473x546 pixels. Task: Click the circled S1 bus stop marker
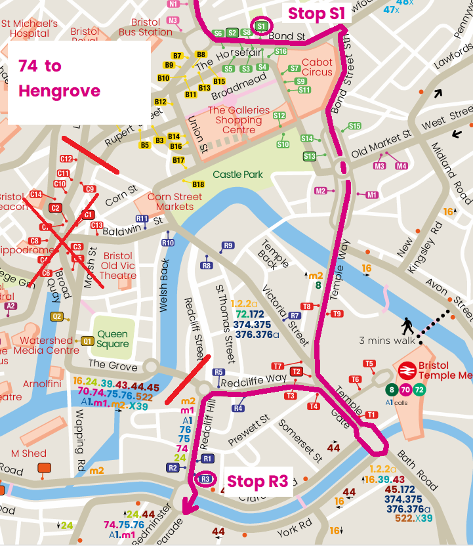point(261,26)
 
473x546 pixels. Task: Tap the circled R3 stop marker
point(205,480)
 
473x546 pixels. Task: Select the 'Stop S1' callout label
point(317,13)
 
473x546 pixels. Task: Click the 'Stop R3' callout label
point(257,482)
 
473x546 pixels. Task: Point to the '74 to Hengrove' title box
point(77,78)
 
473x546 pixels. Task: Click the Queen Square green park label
point(113,338)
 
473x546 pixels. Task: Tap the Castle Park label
point(237,175)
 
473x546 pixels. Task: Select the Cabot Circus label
point(317,67)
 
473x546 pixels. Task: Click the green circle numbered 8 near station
point(392,390)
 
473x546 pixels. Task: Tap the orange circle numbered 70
point(405,390)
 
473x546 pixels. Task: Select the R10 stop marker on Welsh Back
point(168,243)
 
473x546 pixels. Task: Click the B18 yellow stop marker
point(198,184)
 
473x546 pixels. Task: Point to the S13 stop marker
point(310,156)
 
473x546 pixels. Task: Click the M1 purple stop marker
point(372,195)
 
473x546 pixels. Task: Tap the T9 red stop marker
point(337,314)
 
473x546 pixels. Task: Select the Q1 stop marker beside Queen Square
point(87,341)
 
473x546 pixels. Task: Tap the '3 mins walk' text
point(386,340)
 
